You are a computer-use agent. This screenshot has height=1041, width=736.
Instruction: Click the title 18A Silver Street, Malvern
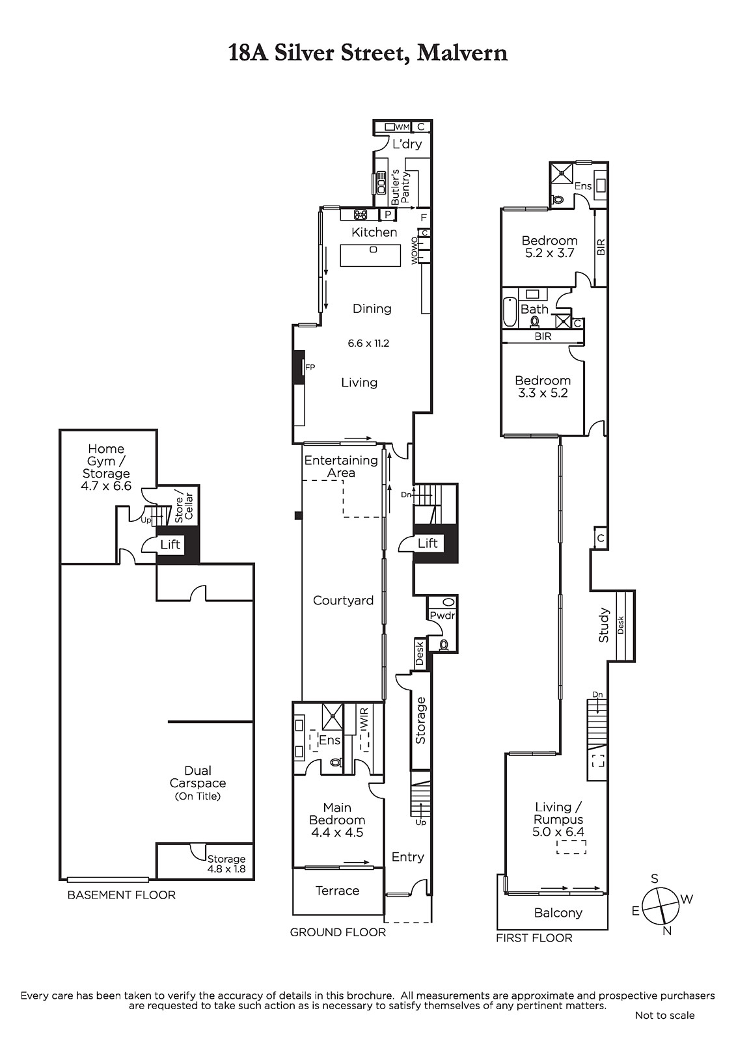(x=367, y=53)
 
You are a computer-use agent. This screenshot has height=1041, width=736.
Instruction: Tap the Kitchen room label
(x=374, y=232)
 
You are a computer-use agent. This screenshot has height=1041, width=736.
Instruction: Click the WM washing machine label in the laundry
(x=403, y=127)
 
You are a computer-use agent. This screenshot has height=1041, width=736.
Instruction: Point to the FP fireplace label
(x=310, y=367)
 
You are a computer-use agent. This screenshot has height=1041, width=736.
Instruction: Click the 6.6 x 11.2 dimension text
(x=368, y=344)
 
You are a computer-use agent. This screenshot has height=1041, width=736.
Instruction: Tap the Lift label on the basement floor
(x=170, y=544)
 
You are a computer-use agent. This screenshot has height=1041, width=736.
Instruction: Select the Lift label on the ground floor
(x=428, y=543)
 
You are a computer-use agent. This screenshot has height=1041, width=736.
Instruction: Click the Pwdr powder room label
(x=442, y=615)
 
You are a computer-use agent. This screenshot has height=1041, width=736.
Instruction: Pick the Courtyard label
(x=343, y=601)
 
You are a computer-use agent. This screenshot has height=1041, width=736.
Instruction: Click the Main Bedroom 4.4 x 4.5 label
(x=337, y=820)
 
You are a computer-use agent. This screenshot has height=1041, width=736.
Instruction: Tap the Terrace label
(x=338, y=891)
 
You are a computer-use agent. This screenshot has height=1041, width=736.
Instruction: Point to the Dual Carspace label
(x=198, y=777)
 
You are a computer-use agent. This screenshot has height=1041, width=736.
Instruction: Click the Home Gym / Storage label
(x=107, y=467)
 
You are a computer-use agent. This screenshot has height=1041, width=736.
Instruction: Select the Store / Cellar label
(x=184, y=507)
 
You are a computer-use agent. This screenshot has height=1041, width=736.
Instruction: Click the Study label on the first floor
(x=603, y=625)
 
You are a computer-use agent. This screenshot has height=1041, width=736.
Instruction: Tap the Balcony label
(x=558, y=913)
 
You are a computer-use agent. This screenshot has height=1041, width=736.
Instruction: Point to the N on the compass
(x=667, y=930)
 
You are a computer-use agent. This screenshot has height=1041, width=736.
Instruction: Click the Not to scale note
(x=665, y=1016)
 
